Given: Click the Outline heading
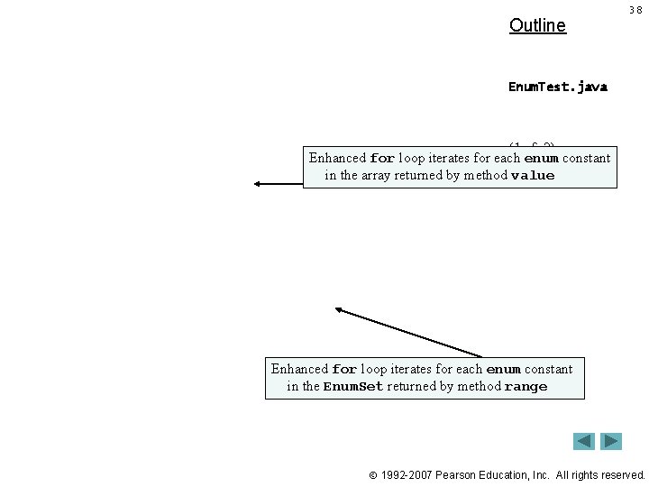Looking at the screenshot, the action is click(x=537, y=25).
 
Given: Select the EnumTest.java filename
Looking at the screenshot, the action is click(x=558, y=87).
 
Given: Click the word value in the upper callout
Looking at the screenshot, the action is click(x=533, y=176).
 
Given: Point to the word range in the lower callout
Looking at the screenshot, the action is click(x=526, y=387).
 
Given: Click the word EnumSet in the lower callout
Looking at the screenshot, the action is click(x=353, y=387).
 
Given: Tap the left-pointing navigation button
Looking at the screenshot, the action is click(x=584, y=441).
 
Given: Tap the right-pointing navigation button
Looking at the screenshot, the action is click(x=612, y=441).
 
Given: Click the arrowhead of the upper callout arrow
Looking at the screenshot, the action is click(x=258, y=183).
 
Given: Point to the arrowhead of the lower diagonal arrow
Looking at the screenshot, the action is click(x=340, y=310).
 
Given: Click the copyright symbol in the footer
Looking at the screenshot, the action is click(x=371, y=474).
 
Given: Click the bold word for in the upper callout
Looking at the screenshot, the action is click(x=382, y=159).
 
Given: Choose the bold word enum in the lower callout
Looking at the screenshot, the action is click(x=503, y=369).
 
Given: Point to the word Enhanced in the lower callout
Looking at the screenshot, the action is click(x=299, y=369).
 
